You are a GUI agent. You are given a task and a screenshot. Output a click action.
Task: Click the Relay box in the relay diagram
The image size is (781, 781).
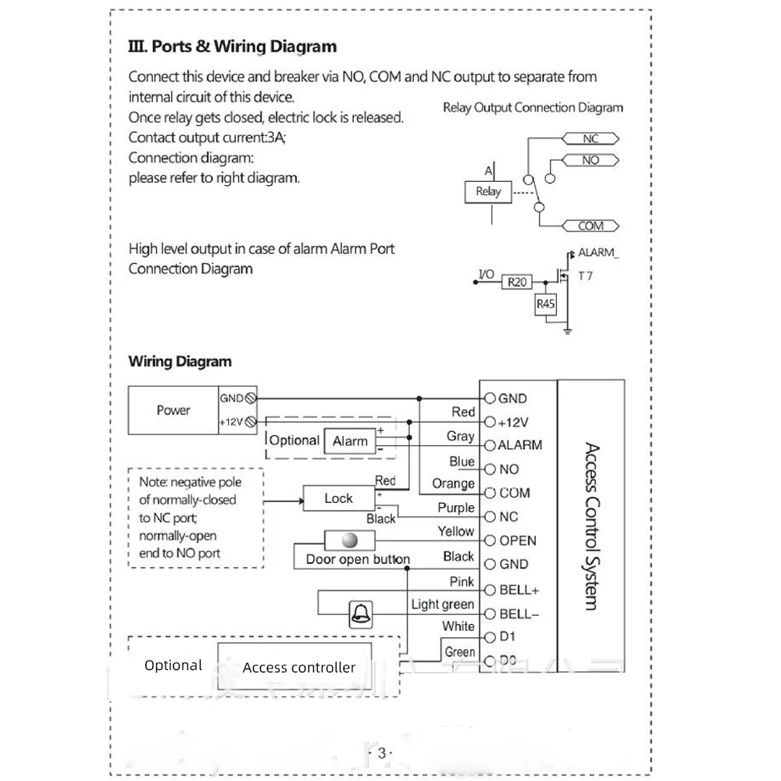point(488,191)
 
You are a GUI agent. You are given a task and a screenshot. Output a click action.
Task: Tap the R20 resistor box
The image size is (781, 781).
point(517,282)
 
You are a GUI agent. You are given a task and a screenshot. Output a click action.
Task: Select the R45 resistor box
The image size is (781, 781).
point(545,305)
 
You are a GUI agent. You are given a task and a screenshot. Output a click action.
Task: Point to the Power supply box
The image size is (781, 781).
point(173,410)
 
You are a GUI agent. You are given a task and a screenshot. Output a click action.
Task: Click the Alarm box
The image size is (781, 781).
point(350,441)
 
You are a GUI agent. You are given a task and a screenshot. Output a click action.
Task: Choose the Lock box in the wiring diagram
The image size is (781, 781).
point(338,498)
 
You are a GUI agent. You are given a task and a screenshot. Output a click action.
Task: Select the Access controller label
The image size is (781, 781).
point(298,668)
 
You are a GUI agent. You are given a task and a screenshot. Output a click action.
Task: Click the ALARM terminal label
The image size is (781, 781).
point(519,445)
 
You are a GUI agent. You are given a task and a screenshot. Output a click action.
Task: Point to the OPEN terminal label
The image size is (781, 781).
point(518,540)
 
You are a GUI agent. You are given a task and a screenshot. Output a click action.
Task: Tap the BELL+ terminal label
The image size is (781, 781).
point(519,590)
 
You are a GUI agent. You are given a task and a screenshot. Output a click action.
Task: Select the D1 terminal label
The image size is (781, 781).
point(508,637)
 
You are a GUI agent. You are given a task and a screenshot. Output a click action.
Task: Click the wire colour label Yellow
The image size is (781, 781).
point(456,531)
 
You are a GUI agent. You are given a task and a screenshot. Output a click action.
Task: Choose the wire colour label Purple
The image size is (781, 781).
point(456,508)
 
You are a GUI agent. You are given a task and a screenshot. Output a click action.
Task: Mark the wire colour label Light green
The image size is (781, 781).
point(443,604)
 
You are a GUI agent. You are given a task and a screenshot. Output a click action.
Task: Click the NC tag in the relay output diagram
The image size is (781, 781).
point(590,139)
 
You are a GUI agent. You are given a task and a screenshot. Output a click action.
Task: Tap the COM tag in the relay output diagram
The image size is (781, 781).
point(590,226)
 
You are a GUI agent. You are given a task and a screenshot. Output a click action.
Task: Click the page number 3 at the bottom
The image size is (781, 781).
point(381,753)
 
